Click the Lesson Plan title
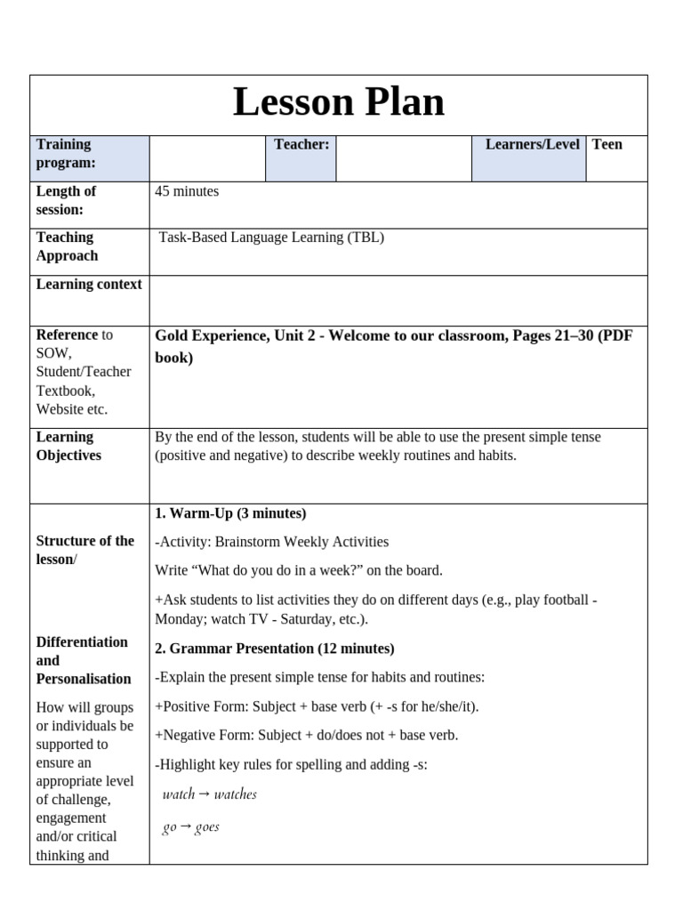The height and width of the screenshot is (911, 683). tap(338, 102)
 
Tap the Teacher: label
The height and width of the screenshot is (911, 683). tap(301, 144)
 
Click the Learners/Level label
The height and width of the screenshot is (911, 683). tap(532, 144)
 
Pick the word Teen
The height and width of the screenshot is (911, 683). tap(607, 144)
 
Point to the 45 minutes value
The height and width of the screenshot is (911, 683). tap(187, 191)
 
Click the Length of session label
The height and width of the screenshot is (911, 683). tap(66, 200)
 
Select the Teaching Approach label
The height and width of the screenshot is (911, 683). tap(67, 246)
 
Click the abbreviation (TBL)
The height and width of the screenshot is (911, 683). tap(366, 238)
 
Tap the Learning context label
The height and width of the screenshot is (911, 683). tap(89, 285)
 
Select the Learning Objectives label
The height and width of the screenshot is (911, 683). tap(68, 446)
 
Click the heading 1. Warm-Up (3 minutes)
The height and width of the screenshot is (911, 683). tap(230, 513)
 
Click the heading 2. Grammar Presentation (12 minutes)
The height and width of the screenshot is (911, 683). tap(275, 649)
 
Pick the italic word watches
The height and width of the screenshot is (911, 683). tap(236, 794)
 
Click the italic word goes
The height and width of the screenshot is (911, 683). tap(207, 827)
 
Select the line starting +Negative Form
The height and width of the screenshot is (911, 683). tap(307, 735)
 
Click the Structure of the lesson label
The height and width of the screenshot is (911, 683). tap(84, 550)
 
